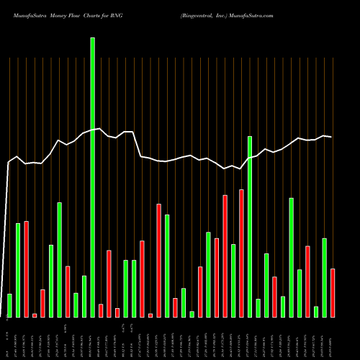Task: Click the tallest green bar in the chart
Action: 92,177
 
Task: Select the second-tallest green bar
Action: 250,226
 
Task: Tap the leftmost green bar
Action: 9,305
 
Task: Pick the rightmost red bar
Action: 333,292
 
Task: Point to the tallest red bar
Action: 241,253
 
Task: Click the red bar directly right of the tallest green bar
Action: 101,310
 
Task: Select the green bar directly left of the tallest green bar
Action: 84,296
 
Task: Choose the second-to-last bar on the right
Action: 324,277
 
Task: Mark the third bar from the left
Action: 26,269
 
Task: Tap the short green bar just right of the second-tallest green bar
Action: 258,307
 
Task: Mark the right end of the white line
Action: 331,137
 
